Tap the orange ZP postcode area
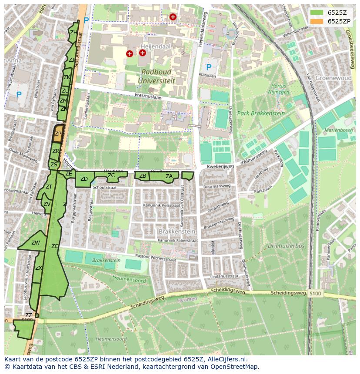[57, 134]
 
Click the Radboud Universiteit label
[156, 76]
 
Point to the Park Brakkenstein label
[260, 113]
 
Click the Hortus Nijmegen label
[279, 89]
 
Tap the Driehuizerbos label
[286, 246]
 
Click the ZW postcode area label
[36, 243]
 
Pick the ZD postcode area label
[84, 179]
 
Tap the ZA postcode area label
[169, 176]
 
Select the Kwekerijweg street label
[221, 166]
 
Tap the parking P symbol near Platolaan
[209, 67]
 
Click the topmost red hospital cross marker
[173, 17]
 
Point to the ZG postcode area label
[55, 246]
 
